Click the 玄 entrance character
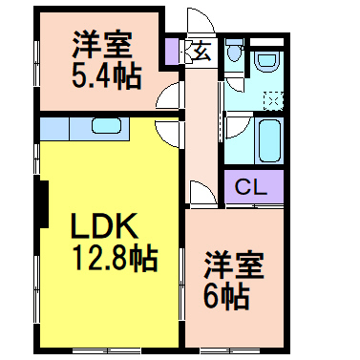pyautogui.click(x=202, y=52)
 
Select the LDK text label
pyautogui.click(x=105, y=226)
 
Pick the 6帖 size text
pyautogui.click(x=227, y=296)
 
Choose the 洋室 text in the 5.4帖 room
pyautogui.click(x=99, y=43)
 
